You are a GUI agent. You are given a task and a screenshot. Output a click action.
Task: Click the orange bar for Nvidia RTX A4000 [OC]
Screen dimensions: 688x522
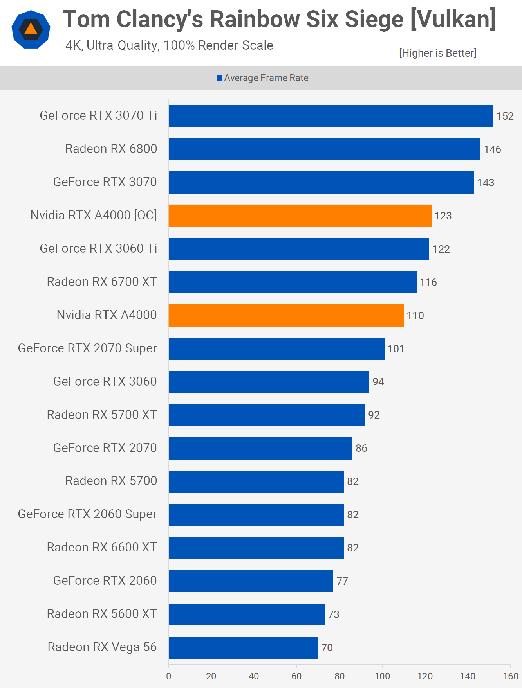[300, 216]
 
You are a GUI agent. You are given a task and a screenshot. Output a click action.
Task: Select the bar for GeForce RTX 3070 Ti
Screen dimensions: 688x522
[331, 116]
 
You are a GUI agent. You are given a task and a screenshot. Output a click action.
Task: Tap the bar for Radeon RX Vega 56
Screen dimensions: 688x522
[243, 648]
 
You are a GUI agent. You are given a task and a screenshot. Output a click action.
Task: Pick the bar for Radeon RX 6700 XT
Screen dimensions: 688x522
[293, 282]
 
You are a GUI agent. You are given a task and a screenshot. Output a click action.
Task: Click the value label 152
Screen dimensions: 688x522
[505, 116]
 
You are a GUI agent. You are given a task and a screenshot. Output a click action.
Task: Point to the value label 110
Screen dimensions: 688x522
[415, 316]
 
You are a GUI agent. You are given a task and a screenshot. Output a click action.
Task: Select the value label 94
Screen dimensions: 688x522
[378, 382]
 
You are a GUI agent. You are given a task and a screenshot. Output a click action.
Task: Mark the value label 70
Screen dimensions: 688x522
[327, 648]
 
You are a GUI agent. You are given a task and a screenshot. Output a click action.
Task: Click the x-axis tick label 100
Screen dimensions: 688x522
[382, 676]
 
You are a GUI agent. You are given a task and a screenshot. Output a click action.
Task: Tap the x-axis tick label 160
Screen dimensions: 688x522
[510, 676]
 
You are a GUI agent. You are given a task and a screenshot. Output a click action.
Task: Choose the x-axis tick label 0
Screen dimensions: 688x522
[169, 676]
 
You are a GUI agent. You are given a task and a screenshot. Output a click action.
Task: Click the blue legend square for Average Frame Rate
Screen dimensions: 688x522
[219, 78]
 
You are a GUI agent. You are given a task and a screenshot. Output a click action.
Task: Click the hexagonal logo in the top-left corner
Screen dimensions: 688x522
[31, 29]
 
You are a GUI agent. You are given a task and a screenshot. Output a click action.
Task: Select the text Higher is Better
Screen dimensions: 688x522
[437, 53]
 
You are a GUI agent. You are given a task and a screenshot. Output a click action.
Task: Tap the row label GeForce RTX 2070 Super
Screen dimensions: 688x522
[87, 348]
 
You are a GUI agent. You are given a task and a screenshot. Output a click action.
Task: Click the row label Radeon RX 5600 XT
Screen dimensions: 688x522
[102, 614]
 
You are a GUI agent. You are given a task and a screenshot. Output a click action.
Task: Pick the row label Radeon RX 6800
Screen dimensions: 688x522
[111, 149]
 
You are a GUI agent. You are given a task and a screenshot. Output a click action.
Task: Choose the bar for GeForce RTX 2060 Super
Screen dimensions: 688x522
[256, 515]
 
